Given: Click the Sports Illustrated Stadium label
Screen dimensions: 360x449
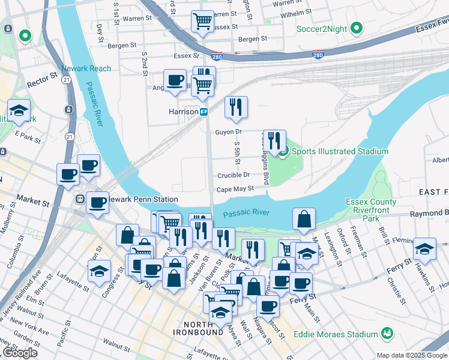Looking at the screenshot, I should click(x=340, y=151).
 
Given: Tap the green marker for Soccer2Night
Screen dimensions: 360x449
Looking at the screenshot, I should click(x=356, y=28).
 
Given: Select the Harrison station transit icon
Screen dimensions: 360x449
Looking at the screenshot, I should click(x=204, y=112).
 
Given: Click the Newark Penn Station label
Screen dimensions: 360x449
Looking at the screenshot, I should click(x=142, y=199).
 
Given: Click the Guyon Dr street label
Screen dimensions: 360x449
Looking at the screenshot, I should click(x=228, y=131).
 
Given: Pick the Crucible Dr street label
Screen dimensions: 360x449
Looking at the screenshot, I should click(x=234, y=175).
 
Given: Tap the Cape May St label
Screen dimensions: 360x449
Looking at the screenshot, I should click(x=235, y=188).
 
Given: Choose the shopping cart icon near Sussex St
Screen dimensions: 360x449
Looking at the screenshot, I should click(x=202, y=22).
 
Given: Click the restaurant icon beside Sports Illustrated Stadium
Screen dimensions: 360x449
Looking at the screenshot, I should click(x=274, y=141).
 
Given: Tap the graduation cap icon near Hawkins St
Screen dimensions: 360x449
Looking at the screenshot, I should click(x=424, y=248).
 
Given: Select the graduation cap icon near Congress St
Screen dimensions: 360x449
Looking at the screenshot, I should click(x=99, y=271).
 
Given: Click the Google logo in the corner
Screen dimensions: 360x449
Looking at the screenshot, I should click(x=19, y=353).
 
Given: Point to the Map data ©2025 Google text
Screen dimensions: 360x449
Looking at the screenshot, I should click(x=412, y=355).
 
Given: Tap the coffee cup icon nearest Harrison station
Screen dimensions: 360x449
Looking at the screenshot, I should click(x=175, y=80).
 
